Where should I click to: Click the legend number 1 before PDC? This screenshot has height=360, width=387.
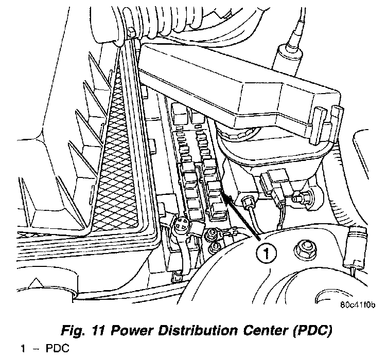pos(23,349)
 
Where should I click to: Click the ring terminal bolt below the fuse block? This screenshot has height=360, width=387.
pos(210,237)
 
